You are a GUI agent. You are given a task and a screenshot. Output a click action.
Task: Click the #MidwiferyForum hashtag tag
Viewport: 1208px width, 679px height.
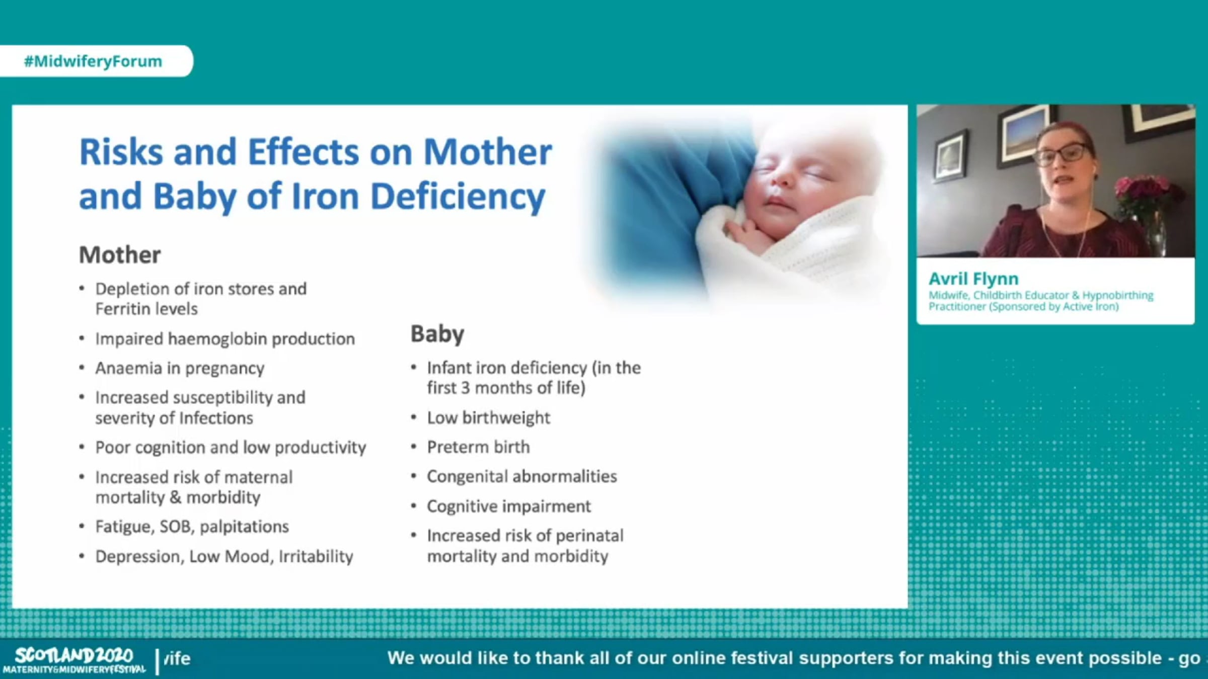click(x=93, y=61)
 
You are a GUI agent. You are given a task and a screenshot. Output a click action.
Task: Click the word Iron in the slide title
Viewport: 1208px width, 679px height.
click(x=325, y=196)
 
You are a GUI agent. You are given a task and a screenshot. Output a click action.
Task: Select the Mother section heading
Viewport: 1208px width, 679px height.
click(x=120, y=254)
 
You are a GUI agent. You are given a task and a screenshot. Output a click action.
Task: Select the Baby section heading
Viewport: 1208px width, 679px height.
click(x=437, y=334)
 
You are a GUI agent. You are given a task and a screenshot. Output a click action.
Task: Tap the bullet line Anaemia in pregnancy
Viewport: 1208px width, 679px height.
click(x=180, y=368)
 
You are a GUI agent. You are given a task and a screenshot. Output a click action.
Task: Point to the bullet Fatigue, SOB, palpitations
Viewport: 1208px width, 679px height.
click(x=192, y=527)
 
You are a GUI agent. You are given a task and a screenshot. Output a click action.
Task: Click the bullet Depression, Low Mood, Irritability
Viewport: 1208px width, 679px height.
click(x=224, y=556)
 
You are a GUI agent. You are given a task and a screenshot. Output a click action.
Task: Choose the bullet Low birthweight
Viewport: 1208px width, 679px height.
click(x=489, y=417)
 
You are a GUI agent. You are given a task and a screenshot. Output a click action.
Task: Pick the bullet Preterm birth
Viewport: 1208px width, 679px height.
click(x=478, y=447)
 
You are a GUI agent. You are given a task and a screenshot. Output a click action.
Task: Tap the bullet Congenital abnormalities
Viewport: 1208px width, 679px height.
click(x=522, y=476)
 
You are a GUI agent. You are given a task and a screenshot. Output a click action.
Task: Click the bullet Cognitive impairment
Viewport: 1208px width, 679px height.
click(x=509, y=506)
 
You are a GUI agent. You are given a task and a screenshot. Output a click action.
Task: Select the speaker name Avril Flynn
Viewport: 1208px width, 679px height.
click(x=973, y=279)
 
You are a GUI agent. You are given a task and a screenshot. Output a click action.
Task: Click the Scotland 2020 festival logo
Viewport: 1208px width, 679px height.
click(x=74, y=660)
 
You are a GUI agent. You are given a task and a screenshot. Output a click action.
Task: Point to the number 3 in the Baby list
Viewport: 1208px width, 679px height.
click(x=466, y=388)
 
